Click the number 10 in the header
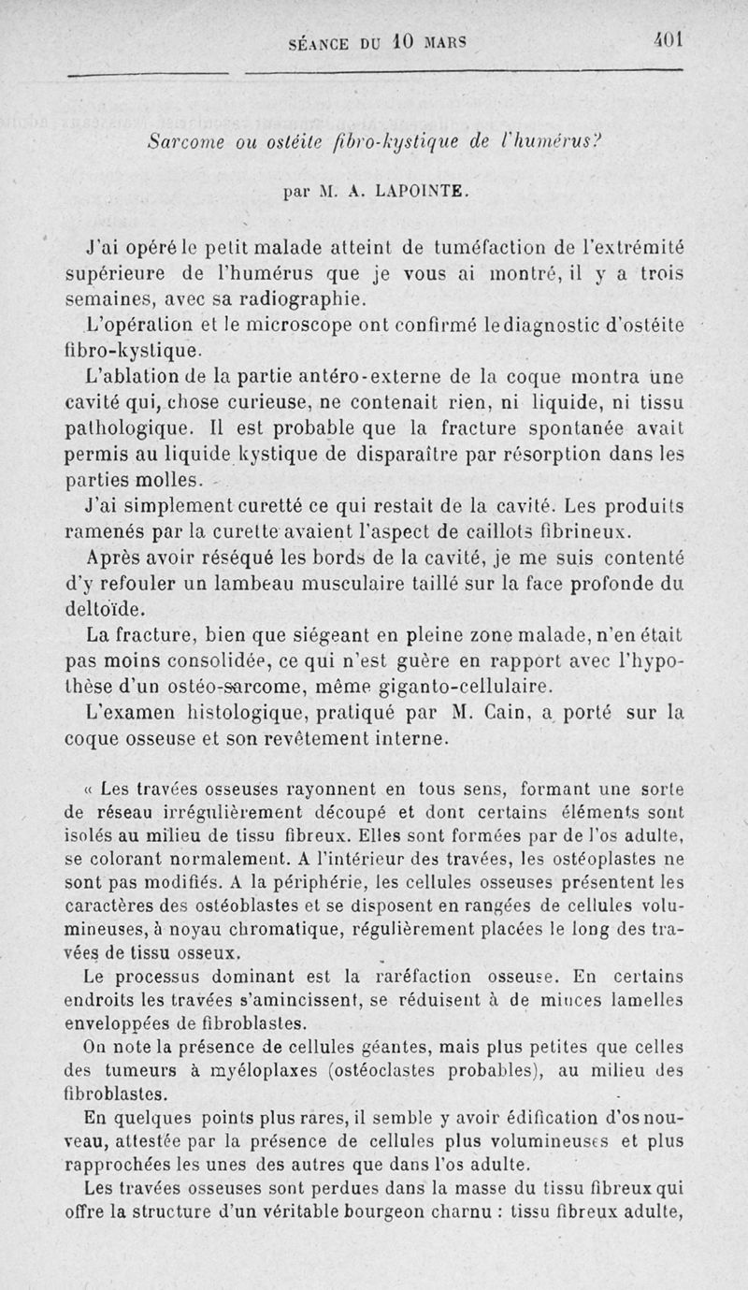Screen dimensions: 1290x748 click(x=402, y=42)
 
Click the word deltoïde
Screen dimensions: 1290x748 click(x=105, y=610)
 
